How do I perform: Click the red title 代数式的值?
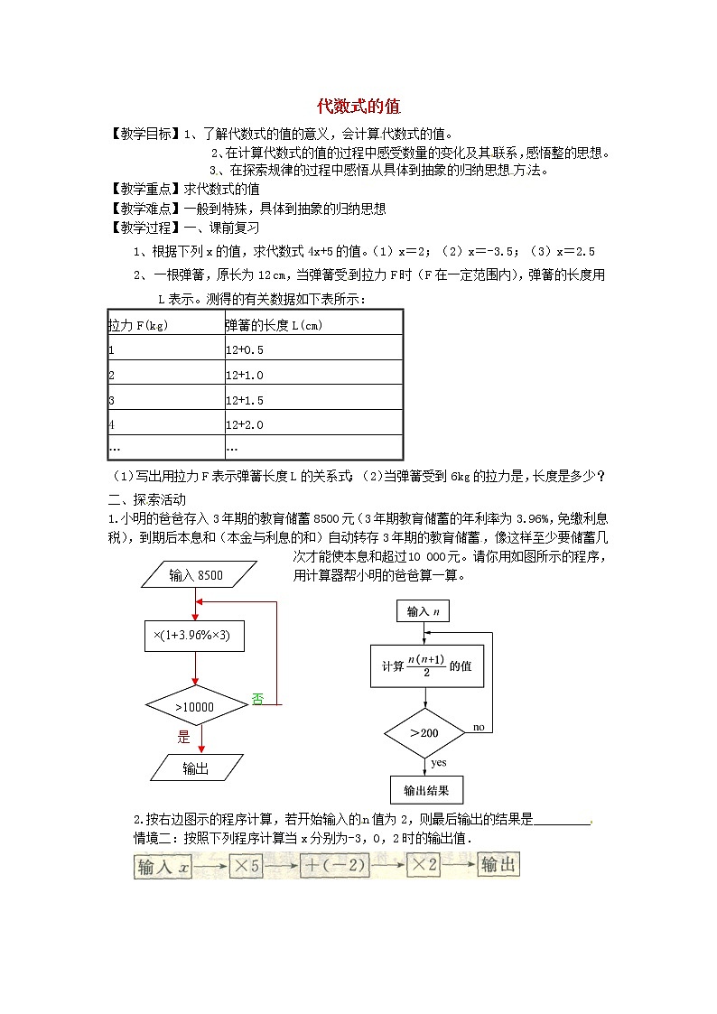(358, 106)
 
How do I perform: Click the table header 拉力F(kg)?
(138, 324)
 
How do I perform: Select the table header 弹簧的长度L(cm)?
(273, 324)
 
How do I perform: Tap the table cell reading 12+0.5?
(245, 349)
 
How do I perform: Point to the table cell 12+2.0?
(245, 424)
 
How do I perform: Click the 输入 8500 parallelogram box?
(196, 575)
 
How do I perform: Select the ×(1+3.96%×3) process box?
(196, 636)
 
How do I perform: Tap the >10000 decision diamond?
(196, 706)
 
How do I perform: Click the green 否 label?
(257, 698)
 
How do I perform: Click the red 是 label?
(184, 737)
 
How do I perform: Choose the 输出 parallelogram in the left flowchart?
(196, 768)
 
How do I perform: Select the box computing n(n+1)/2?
(426, 666)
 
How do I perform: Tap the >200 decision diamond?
(425, 732)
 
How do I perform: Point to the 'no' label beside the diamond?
(479, 727)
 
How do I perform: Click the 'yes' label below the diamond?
(439, 762)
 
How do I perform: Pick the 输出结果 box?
(426, 790)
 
